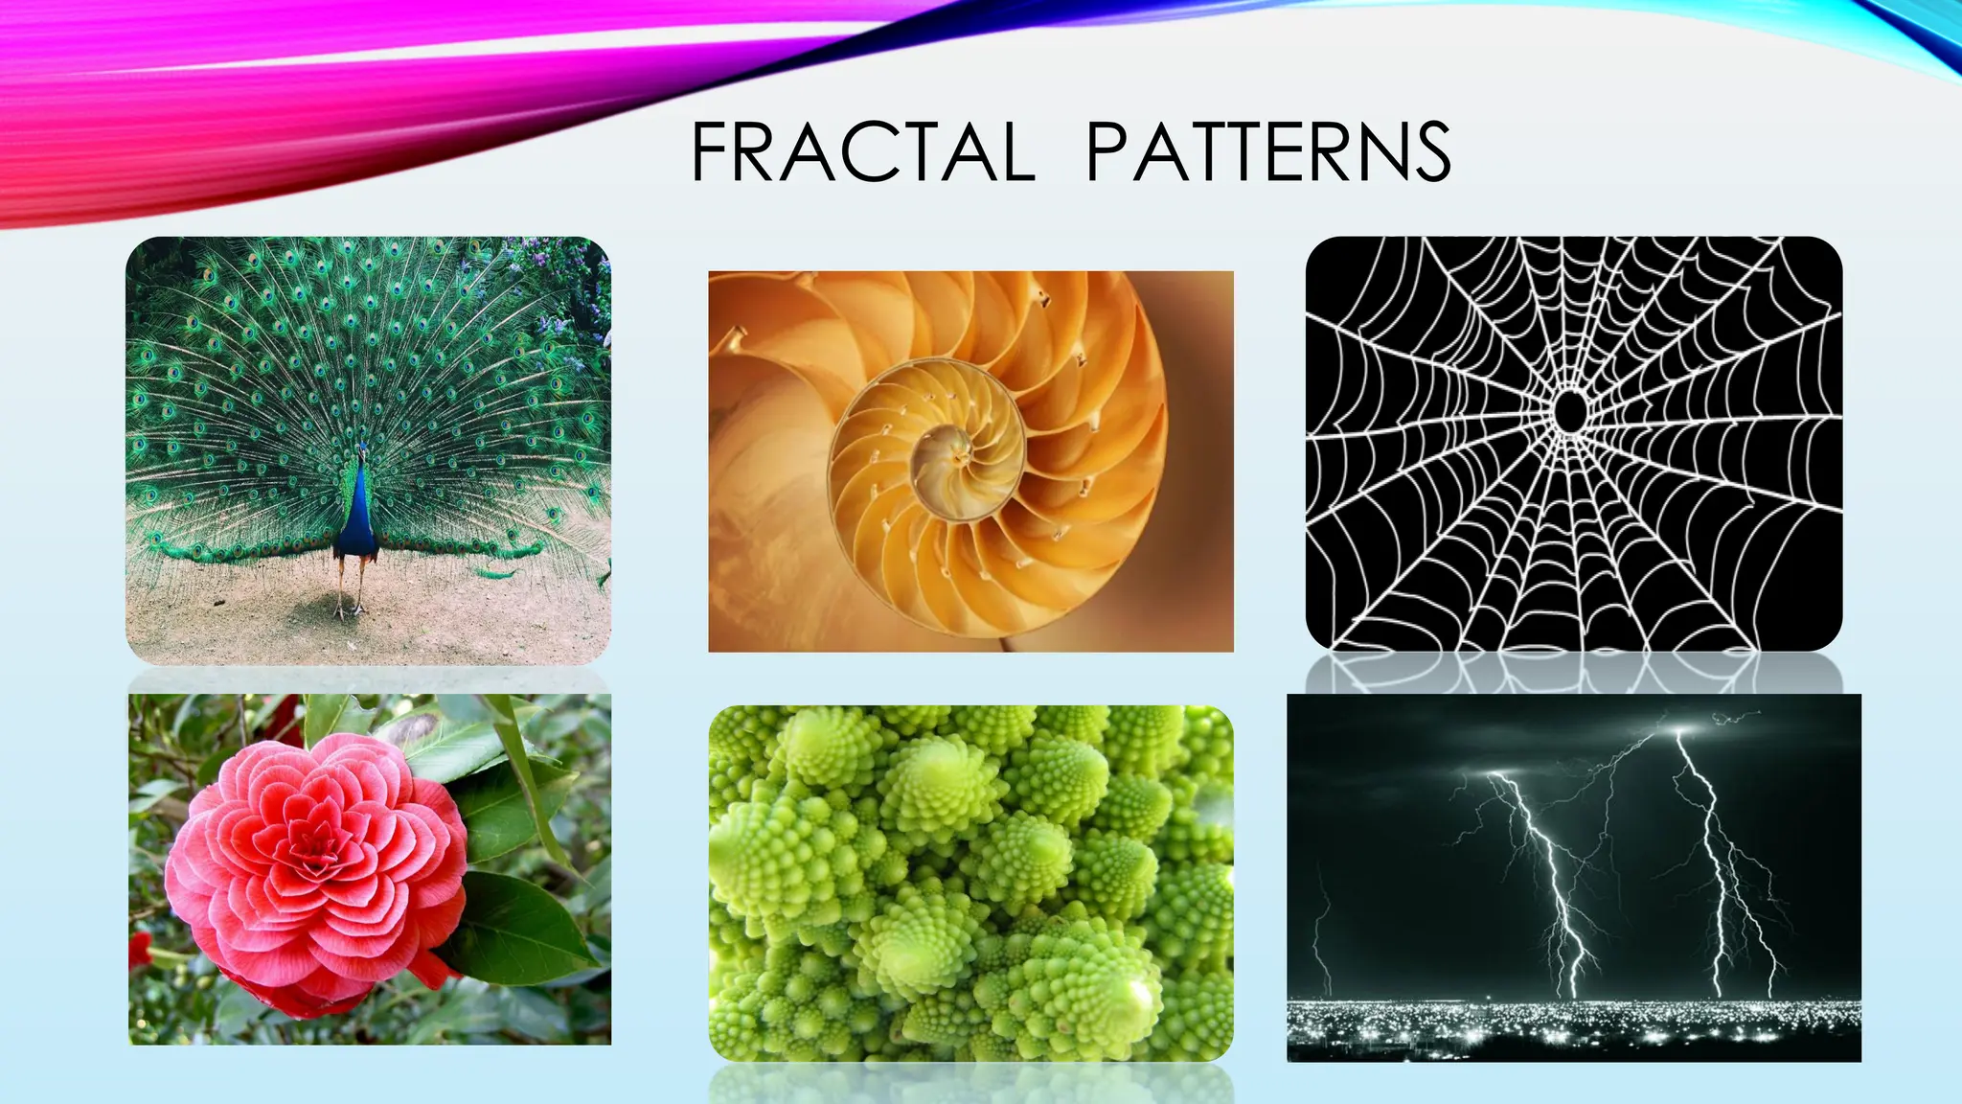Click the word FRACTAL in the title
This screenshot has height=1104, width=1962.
pos(862,151)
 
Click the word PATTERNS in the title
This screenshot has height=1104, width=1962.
pos(1268,151)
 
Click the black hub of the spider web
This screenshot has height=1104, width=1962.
pos(1569,411)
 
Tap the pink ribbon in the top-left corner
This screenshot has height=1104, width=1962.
pos(192,105)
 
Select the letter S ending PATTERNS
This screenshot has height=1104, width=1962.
pos(1430,151)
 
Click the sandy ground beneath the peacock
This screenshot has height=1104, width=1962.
pos(431,623)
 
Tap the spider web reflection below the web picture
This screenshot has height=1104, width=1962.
pos(1571,673)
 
